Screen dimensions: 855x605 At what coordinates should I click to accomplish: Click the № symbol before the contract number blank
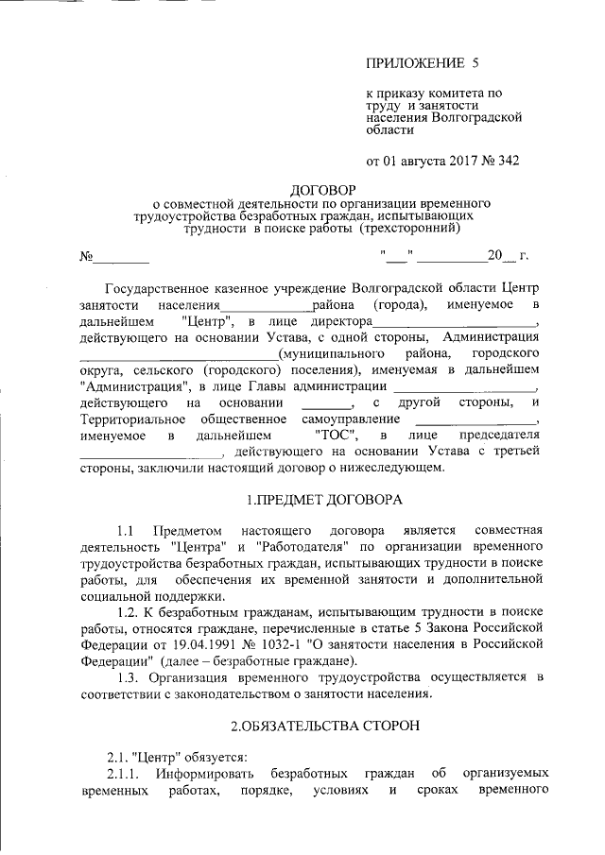(x=88, y=256)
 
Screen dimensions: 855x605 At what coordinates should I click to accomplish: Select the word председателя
(x=497, y=435)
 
